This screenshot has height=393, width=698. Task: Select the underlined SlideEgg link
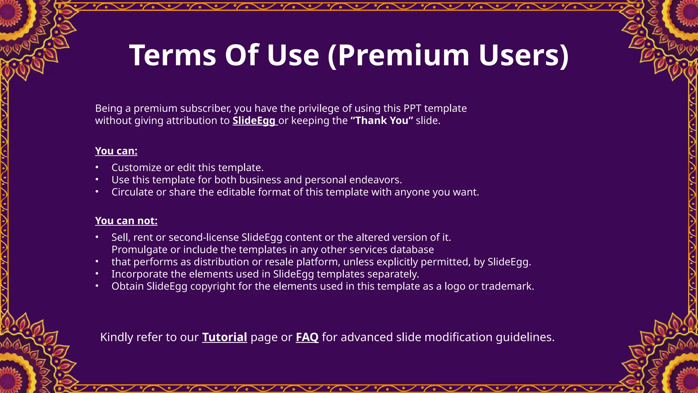[254, 120]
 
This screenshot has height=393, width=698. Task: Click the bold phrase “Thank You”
[382, 120]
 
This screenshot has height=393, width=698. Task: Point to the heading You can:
[116, 151]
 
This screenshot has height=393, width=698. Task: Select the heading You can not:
[126, 221]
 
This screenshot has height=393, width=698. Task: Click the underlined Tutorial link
[225, 337]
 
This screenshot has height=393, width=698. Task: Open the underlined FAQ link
[307, 337]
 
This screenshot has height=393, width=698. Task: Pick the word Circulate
[132, 192]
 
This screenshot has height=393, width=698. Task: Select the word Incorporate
[140, 274]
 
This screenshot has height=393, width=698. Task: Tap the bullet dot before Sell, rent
[97, 237]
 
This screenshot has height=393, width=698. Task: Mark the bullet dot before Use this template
[97, 179]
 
